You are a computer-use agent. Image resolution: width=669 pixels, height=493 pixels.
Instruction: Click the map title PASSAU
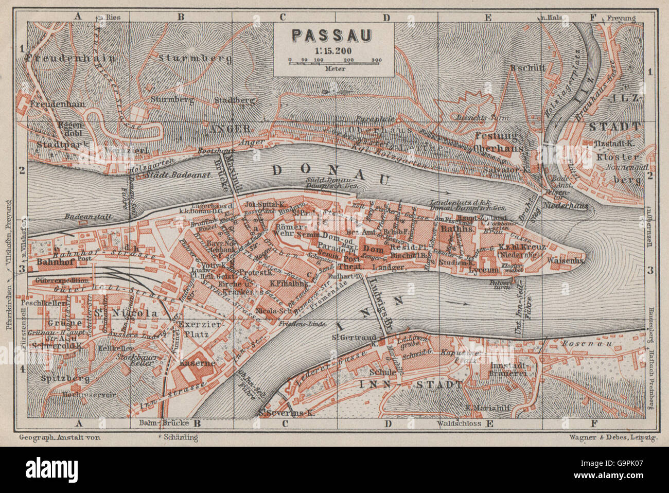tap(333, 34)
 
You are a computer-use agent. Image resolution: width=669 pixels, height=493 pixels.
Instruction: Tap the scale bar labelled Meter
tap(334, 61)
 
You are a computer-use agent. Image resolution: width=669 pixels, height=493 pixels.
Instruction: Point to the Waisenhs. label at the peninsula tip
tap(565, 260)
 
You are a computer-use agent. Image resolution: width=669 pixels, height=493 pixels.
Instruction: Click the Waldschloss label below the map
tap(460, 424)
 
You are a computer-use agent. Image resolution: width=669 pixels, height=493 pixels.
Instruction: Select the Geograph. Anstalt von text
tap(59, 437)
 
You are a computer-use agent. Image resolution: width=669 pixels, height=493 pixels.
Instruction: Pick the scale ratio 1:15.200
tap(333, 50)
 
